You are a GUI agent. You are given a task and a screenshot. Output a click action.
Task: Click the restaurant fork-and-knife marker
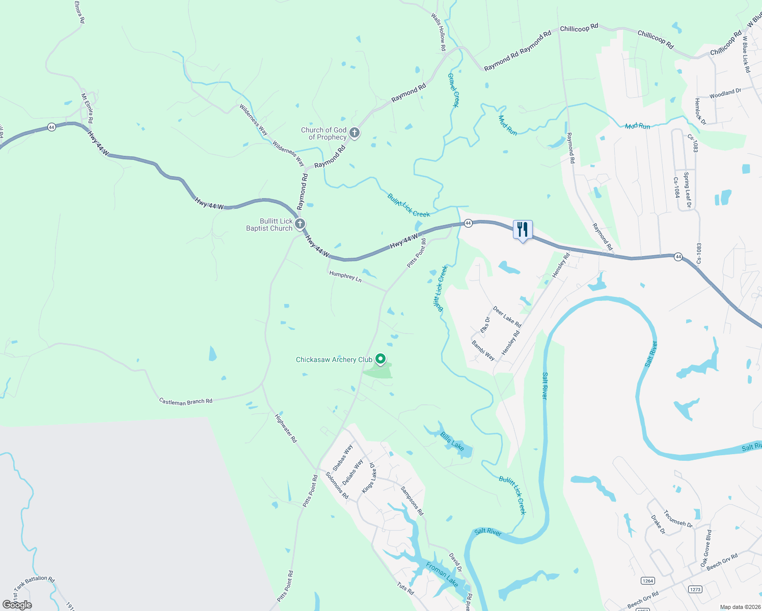[x=523, y=230]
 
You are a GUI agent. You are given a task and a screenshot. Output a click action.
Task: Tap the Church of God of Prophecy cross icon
[x=355, y=133]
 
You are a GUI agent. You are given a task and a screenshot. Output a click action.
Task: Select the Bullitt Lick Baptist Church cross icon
[x=300, y=224]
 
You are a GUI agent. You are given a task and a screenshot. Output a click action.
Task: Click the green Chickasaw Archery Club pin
[x=380, y=359]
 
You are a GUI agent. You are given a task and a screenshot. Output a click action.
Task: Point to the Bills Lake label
[x=452, y=441]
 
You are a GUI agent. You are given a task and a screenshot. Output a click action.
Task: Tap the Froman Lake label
[x=442, y=574]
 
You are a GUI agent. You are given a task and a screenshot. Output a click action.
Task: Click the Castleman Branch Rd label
[x=185, y=402]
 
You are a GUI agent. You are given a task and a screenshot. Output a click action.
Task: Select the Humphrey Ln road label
[x=345, y=276]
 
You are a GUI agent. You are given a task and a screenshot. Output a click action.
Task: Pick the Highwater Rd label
[x=286, y=428]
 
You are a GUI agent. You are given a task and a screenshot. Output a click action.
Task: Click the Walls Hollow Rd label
[x=439, y=32]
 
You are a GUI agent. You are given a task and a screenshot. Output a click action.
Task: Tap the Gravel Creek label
[x=453, y=90]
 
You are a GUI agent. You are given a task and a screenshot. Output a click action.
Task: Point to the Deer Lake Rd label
[x=507, y=317]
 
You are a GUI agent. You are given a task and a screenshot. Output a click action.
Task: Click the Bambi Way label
[x=483, y=351]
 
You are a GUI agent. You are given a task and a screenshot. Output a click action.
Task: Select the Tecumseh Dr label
[x=678, y=519]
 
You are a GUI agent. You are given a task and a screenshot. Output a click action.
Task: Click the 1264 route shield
[x=647, y=580]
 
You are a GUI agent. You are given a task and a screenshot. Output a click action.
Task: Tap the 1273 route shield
[x=695, y=589]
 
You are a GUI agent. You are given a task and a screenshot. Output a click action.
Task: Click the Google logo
[x=17, y=604]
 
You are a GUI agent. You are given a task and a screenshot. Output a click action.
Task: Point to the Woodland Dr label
[x=725, y=93]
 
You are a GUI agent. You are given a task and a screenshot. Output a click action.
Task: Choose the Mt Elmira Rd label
[x=87, y=108]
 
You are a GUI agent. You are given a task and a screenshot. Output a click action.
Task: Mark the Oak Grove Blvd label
[x=705, y=548]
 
